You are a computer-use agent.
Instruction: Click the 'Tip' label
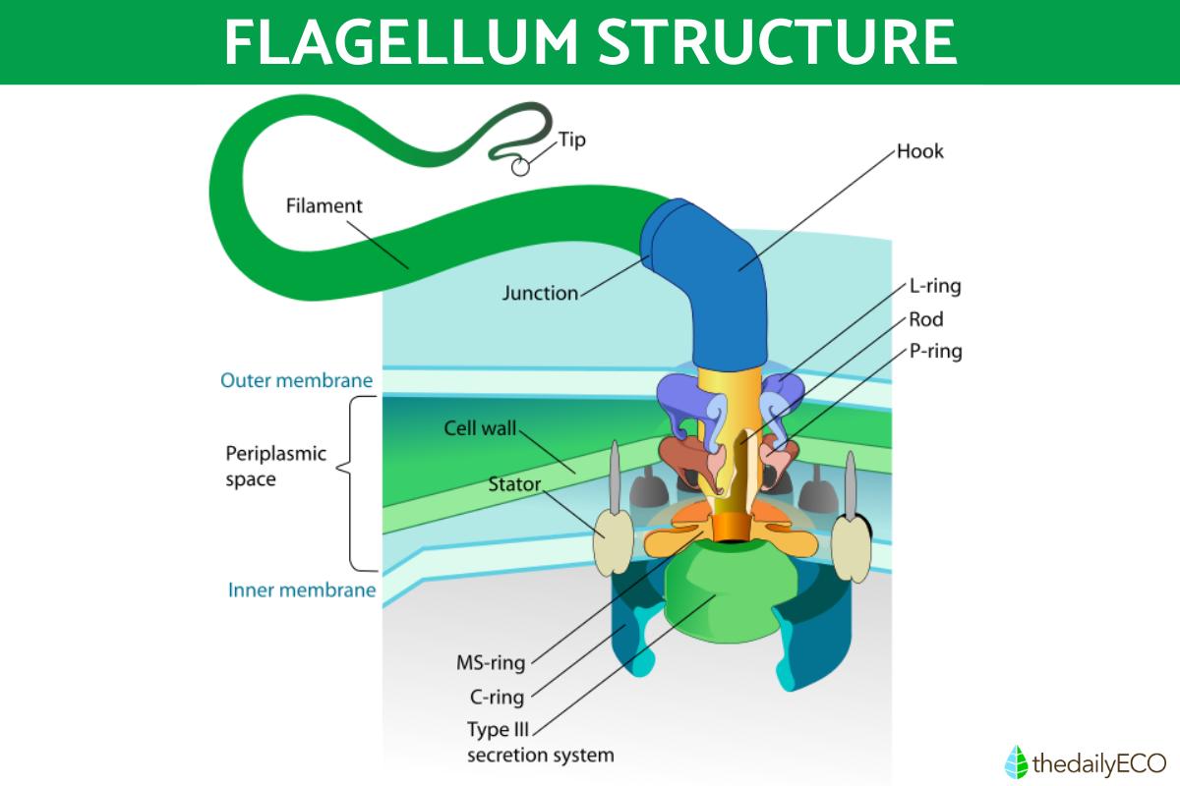572,140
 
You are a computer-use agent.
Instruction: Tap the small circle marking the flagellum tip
520,167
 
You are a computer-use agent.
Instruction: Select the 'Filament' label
324,206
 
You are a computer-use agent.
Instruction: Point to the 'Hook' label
920,152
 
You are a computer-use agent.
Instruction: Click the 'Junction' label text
540,293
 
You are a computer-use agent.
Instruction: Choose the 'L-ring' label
934,288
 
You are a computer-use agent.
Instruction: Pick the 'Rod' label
926,319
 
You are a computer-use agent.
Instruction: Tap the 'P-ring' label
935,351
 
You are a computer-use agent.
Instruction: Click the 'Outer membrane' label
296,380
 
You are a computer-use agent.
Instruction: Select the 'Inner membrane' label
302,590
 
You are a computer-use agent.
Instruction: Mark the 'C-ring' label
496,699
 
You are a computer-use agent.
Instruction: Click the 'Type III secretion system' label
540,744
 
